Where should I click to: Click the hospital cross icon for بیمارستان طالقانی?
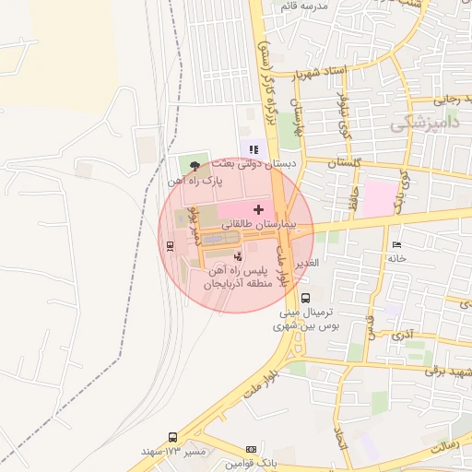point(257,211)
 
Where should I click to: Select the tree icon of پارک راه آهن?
point(194,166)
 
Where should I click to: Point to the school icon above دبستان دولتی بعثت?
point(253,149)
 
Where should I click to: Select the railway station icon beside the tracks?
point(170,245)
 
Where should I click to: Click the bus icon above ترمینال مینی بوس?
point(304,298)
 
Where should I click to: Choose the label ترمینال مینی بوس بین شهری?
point(306,319)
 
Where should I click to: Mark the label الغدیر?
point(307,263)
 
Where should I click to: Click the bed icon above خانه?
point(396,244)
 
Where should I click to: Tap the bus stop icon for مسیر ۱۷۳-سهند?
point(172,438)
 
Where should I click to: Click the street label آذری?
point(403,336)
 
